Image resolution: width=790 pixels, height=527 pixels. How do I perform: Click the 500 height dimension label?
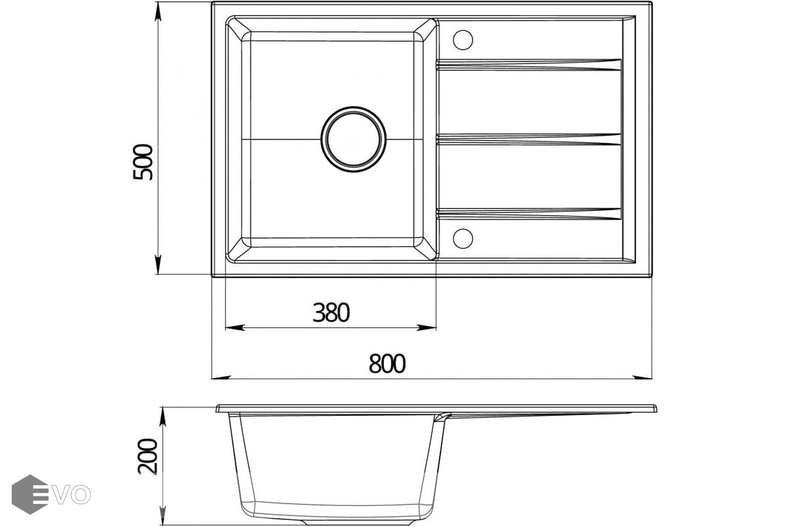pyautogui.click(x=143, y=162)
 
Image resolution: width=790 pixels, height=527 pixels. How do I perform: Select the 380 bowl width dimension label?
pyautogui.click(x=331, y=313)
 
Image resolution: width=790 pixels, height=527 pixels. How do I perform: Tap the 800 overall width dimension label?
pyautogui.click(x=387, y=364)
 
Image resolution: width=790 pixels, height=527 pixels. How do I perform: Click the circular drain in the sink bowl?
pyautogui.click(x=353, y=139)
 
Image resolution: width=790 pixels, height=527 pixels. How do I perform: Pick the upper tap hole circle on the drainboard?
pyautogui.click(x=463, y=40)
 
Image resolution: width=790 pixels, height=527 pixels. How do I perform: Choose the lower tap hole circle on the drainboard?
pyautogui.click(x=463, y=238)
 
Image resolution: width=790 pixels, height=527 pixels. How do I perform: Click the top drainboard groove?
pyautogui.click(x=528, y=65)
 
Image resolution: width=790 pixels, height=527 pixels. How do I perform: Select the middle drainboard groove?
pyautogui.click(x=528, y=140)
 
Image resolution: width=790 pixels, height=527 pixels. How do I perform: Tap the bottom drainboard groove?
pyautogui.click(x=528, y=214)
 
